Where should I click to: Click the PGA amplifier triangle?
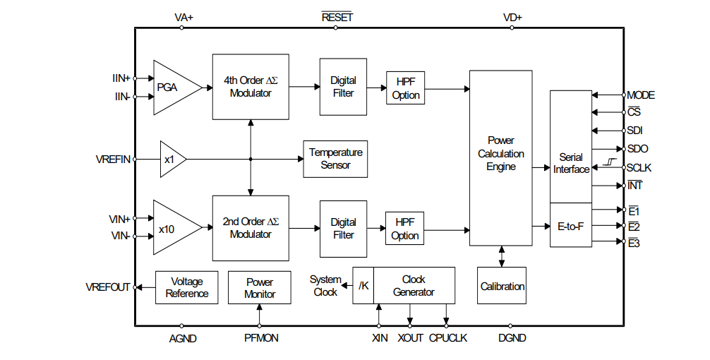(x=172, y=88)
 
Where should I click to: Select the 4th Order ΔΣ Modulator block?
(x=251, y=87)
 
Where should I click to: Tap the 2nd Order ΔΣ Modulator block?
(x=251, y=228)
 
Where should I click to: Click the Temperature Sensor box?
(x=335, y=159)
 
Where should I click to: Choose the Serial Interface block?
(x=571, y=147)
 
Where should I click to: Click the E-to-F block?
(x=571, y=226)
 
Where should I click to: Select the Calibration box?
(x=503, y=286)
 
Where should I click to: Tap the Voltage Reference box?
(x=186, y=287)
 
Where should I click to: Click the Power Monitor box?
(x=259, y=287)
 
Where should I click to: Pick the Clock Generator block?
(x=414, y=285)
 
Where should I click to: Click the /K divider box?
(x=363, y=285)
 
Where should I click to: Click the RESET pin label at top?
(x=337, y=17)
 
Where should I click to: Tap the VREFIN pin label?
(x=113, y=160)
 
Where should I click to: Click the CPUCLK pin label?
(x=447, y=338)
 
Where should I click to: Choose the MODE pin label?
(x=641, y=95)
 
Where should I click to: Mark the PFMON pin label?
(x=261, y=338)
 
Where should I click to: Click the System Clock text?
(x=325, y=286)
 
